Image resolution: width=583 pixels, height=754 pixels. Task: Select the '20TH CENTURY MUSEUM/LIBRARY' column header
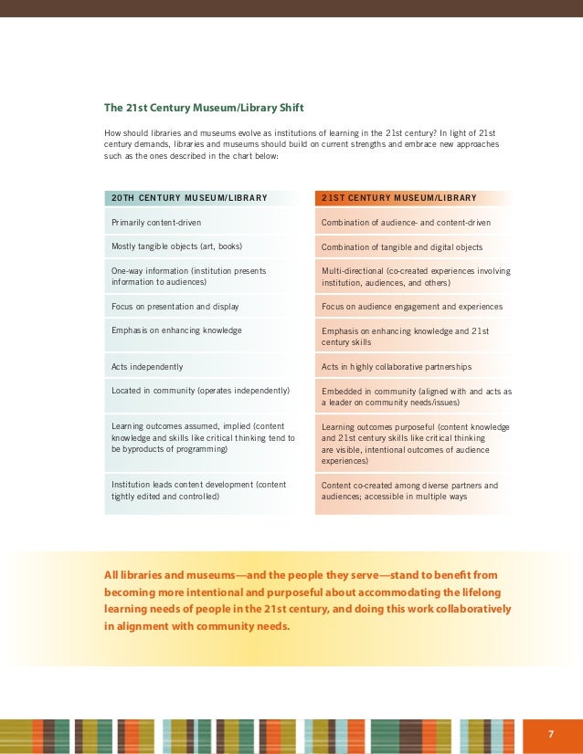[x=189, y=197]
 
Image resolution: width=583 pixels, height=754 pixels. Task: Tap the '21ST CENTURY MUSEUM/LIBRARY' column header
[x=398, y=197]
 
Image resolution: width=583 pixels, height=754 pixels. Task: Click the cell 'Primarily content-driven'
[x=156, y=222]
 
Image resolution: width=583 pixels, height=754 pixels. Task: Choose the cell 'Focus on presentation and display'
[x=175, y=307]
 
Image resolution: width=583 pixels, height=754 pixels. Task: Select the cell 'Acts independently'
[x=147, y=367]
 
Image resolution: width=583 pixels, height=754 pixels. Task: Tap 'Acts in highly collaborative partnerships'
[x=397, y=367]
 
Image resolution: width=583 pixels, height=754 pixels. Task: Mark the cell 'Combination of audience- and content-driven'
[x=406, y=223]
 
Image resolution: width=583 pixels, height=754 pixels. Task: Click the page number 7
[x=551, y=734]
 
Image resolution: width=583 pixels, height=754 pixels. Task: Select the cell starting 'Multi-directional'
[x=416, y=277]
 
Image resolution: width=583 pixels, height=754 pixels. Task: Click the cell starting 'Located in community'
[x=200, y=391]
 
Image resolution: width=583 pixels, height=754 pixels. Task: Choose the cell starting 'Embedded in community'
[x=416, y=396]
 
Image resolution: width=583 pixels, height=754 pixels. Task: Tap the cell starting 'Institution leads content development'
[x=198, y=490]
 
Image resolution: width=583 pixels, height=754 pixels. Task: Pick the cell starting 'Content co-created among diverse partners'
[x=409, y=491]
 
